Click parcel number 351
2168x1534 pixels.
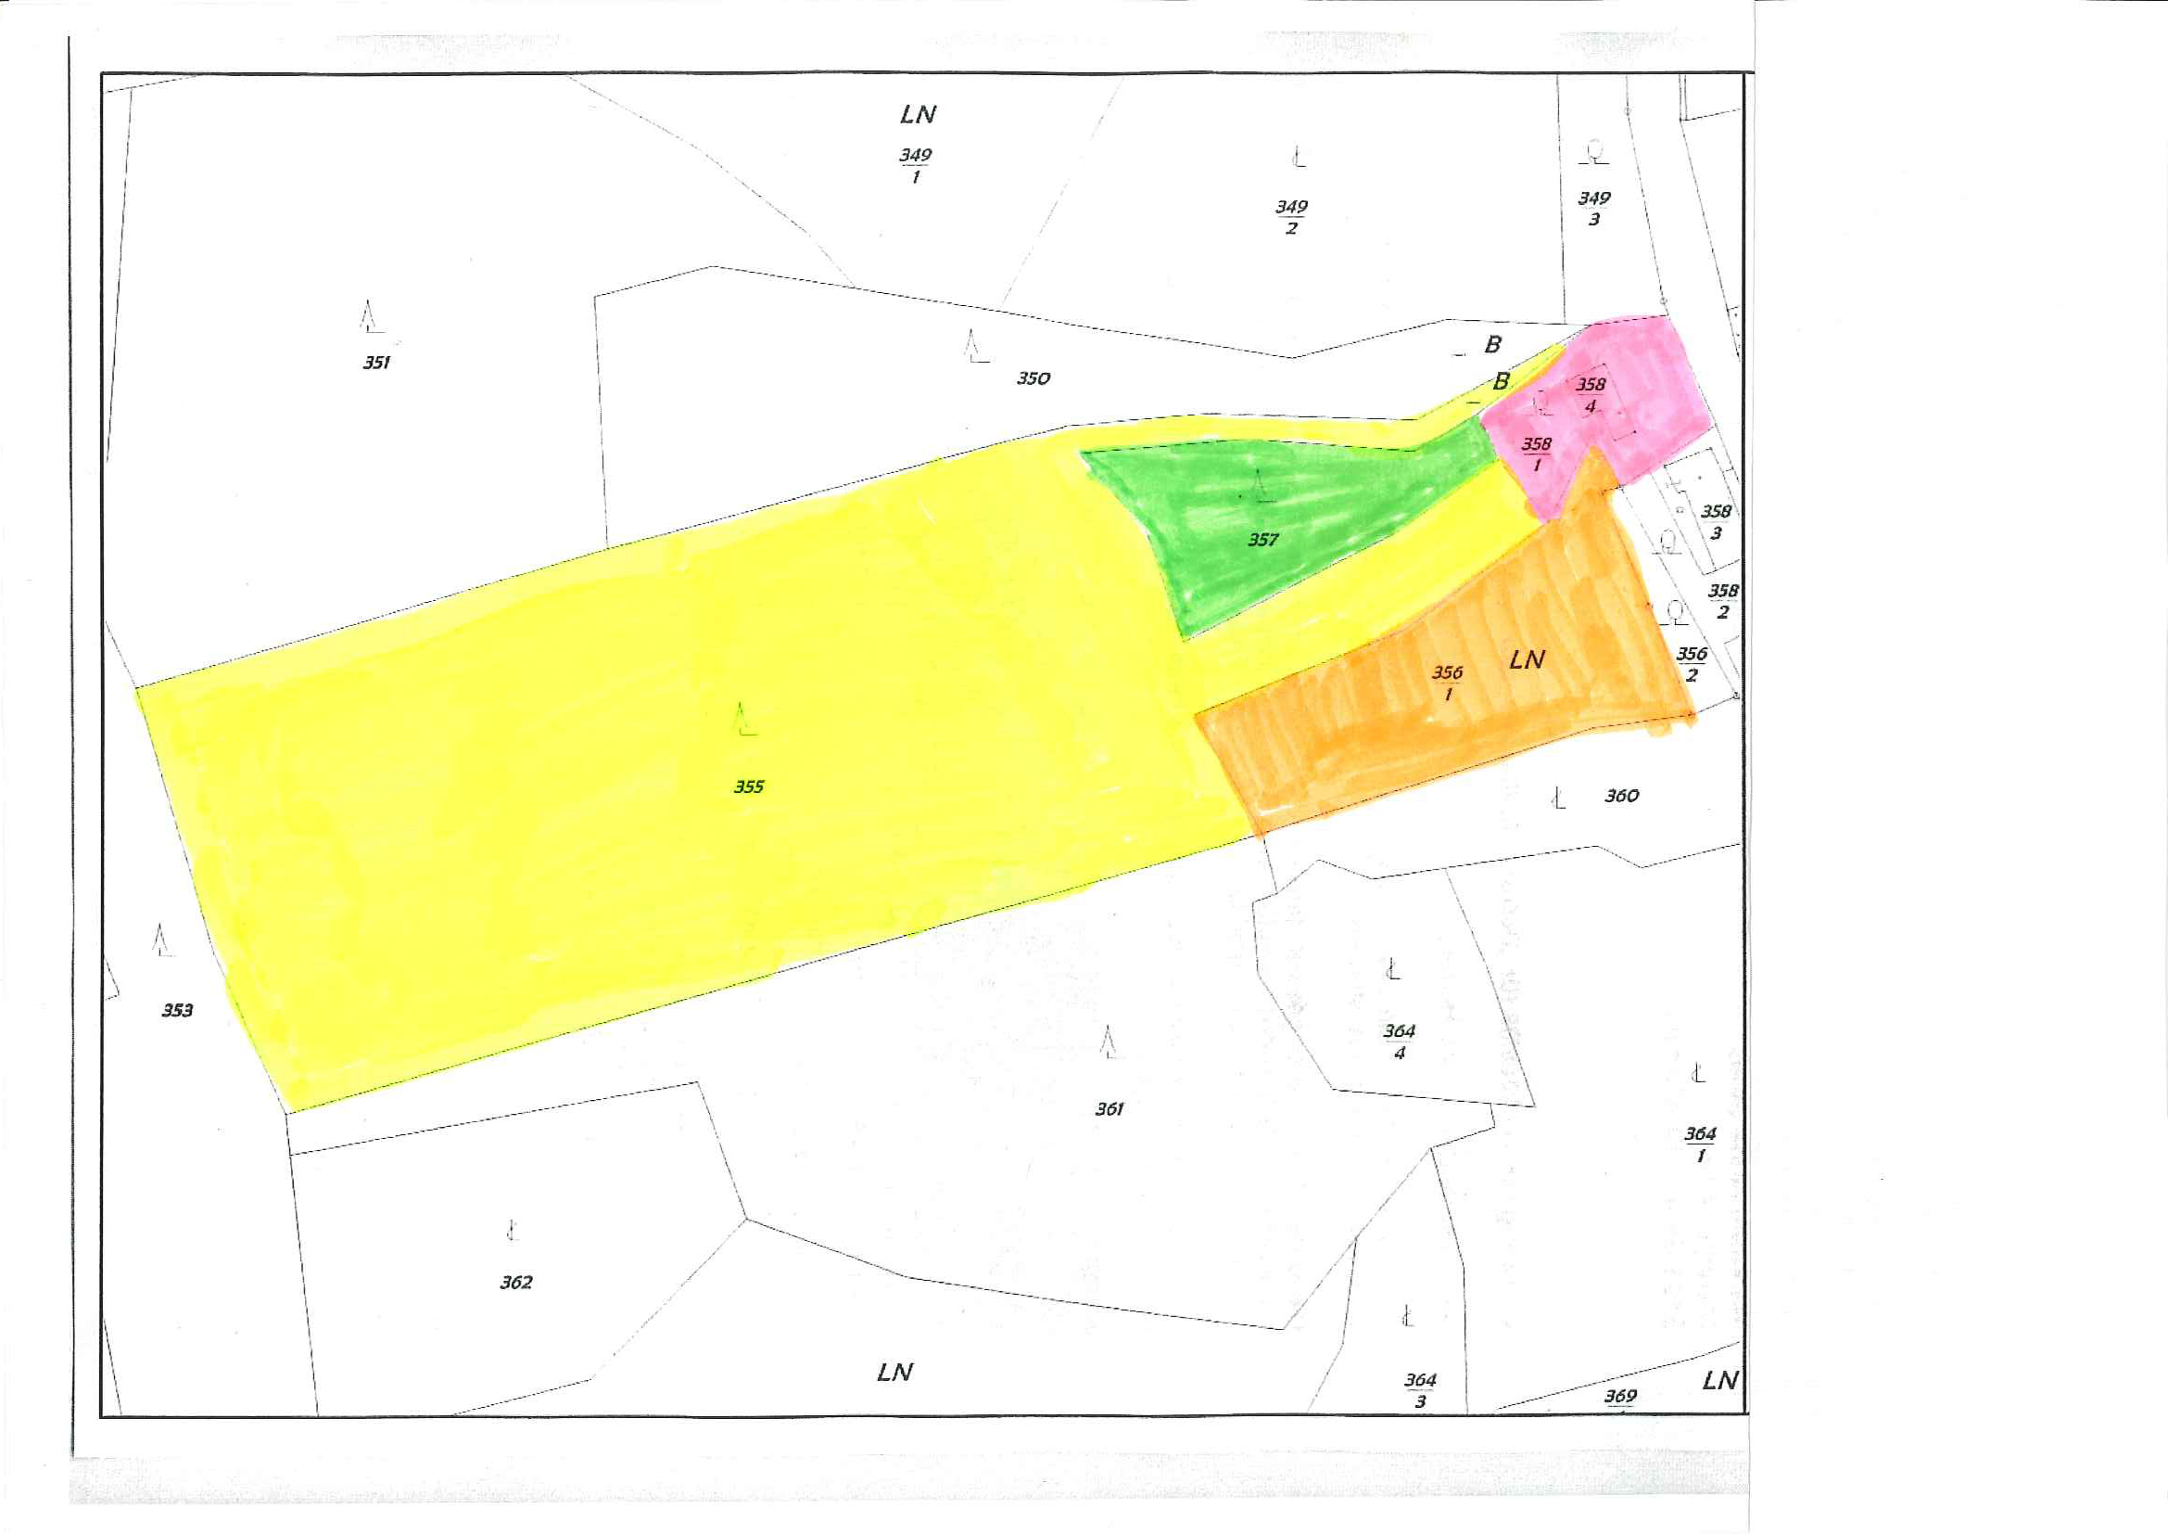376,363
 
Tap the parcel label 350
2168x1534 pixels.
1033,378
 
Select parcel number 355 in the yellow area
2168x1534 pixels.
749,786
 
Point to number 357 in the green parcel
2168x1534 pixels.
1262,541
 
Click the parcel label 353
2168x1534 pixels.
177,1011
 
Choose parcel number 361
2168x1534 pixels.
1109,1109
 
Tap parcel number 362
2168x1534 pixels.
515,1283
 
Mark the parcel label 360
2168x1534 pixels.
1621,797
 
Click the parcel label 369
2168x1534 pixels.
1620,1396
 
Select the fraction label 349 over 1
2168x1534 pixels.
915,165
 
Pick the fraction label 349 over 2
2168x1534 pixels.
1292,217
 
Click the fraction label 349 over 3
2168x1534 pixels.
1594,209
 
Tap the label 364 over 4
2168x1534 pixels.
1400,1042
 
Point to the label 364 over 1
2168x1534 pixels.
1700,1144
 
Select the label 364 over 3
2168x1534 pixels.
1420,1390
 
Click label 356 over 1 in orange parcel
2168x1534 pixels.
1448,683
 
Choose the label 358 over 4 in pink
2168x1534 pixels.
1591,395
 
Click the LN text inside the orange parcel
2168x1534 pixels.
1527,660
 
